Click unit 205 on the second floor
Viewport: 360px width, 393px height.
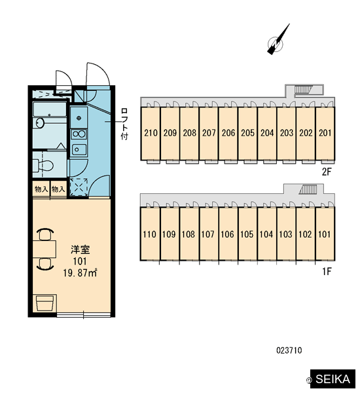(x=247, y=133)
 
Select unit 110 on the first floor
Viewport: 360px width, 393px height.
(x=150, y=234)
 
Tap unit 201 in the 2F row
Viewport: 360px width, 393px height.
(x=325, y=133)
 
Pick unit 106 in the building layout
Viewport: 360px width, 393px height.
(x=228, y=234)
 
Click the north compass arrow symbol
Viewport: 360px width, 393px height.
(x=278, y=39)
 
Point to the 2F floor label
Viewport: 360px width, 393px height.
(x=327, y=172)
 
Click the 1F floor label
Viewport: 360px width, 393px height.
(x=327, y=271)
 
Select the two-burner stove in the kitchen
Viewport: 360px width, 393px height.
(x=79, y=134)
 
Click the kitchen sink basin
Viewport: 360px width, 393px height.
(x=79, y=149)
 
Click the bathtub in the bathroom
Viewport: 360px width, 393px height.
(x=50, y=109)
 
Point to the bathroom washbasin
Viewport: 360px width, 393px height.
(x=40, y=123)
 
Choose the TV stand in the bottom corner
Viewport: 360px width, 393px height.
(x=45, y=303)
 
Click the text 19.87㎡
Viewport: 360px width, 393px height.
(x=80, y=272)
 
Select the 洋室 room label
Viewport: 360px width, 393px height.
(x=80, y=250)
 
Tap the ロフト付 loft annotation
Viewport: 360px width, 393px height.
(x=124, y=124)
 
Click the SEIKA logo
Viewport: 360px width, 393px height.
(x=333, y=379)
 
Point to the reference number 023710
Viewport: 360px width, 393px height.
(x=289, y=350)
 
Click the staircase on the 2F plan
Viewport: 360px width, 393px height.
(x=302, y=90)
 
